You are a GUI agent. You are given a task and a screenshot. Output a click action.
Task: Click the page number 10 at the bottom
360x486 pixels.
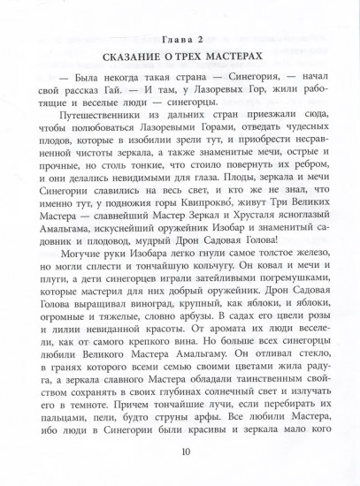pyautogui.click(x=183, y=452)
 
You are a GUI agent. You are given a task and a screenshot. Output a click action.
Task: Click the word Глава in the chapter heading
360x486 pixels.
pyautogui.click(x=171, y=38)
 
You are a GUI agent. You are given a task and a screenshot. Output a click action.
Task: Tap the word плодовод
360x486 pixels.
pyautogui.click(x=126, y=246)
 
